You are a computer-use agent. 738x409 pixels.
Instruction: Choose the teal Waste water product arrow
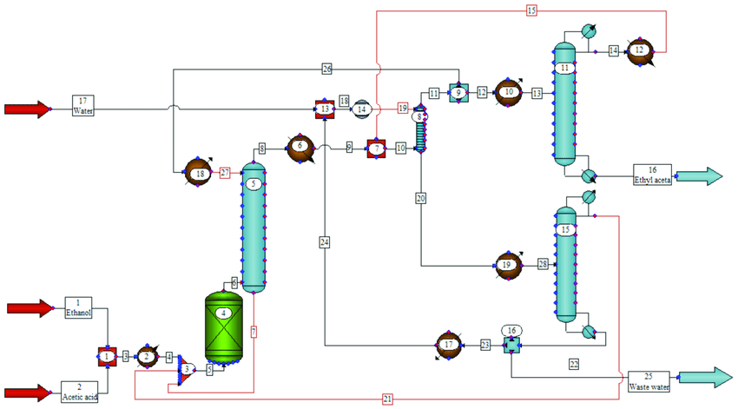(707, 378)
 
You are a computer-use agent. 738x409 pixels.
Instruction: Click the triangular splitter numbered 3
(186, 370)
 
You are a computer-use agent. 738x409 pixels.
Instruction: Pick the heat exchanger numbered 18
(200, 174)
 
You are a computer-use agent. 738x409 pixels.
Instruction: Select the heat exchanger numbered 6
(300, 147)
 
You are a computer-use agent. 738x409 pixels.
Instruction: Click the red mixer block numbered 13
(324, 109)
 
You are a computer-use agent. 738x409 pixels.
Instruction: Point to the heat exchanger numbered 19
(508, 264)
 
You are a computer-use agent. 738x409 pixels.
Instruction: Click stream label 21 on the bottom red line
(387, 399)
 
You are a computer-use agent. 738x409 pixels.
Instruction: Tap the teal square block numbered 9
(458, 93)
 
